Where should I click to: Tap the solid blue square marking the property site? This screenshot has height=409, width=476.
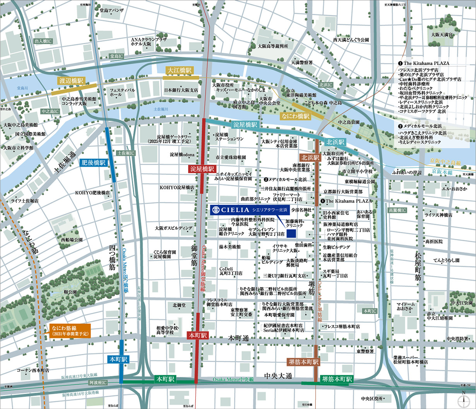coord(291,233)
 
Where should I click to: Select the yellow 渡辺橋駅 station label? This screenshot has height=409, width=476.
coord(71,81)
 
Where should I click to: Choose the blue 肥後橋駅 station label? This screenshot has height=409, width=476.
coord(94,163)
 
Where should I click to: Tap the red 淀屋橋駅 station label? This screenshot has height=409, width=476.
coord(202,169)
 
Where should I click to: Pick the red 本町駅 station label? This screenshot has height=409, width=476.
coord(198,335)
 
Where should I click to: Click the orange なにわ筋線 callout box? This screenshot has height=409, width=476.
coord(70,330)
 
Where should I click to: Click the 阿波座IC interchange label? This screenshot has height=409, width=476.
coord(97,382)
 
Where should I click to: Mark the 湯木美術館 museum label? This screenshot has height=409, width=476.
coord(230,247)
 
